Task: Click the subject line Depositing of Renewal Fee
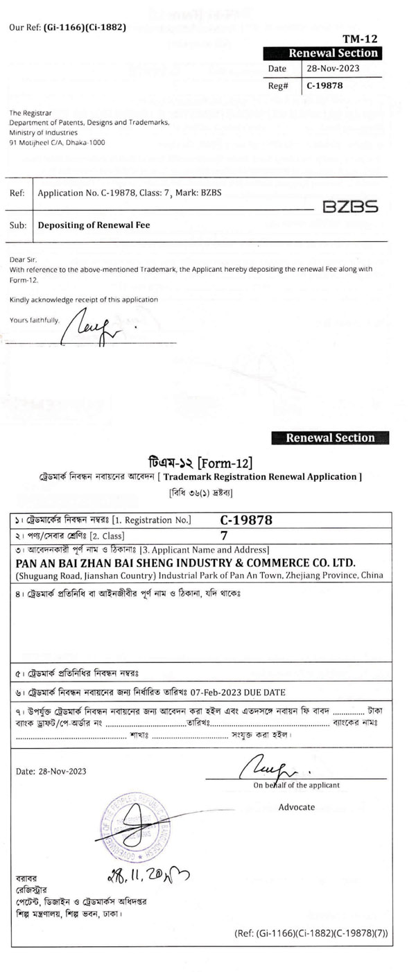(x=94, y=225)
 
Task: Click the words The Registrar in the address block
(x=28, y=112)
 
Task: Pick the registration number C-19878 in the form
(x=246, y=520)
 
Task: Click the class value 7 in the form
(x=224, y=535)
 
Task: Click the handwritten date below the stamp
(x=148, y=876)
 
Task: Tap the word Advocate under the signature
(x=297, y=807)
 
